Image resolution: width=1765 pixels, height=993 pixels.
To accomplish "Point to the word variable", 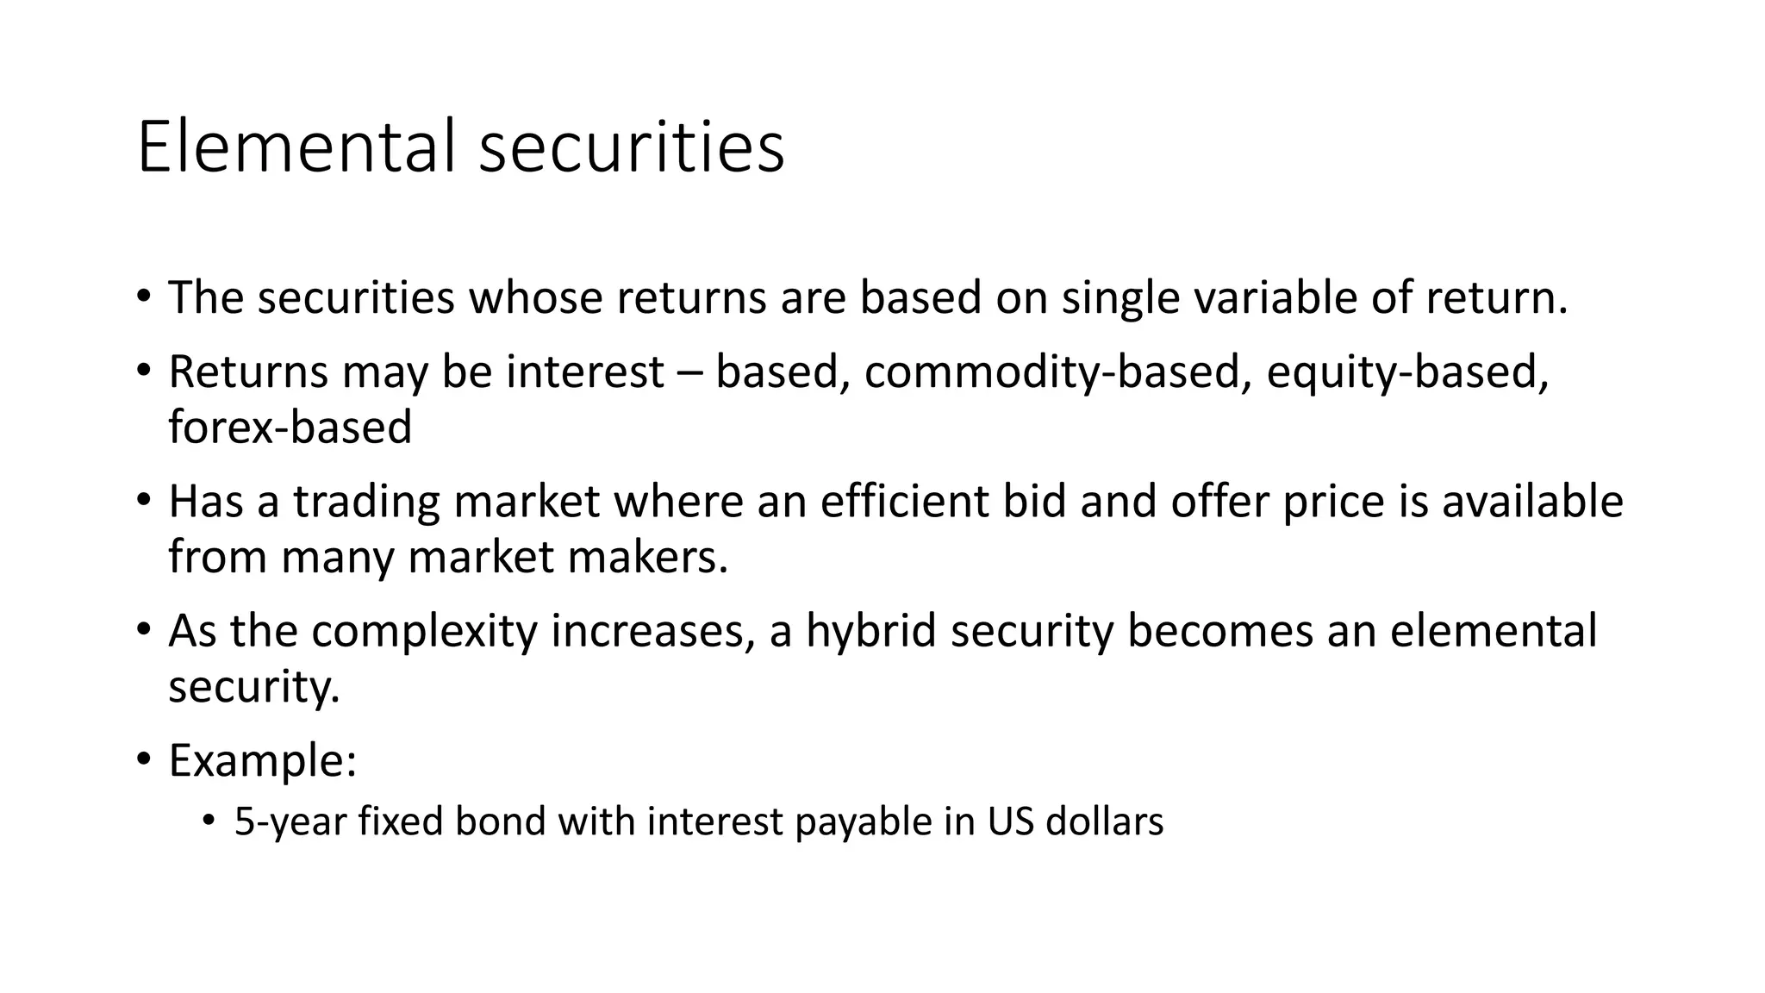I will coord(1274,297).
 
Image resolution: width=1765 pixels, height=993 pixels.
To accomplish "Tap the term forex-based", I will coord(290,428).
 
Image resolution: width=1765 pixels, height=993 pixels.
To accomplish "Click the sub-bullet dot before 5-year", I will coord(208,821).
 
